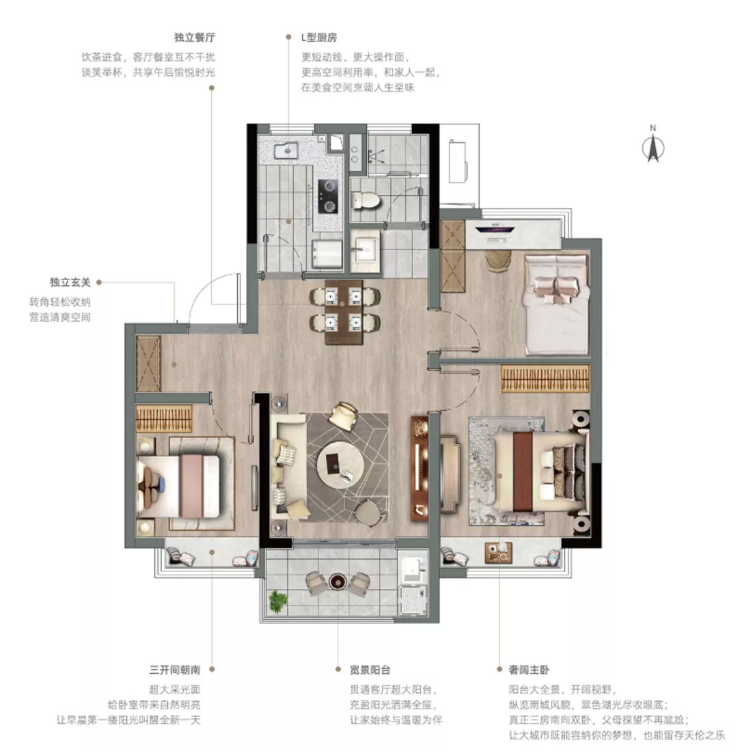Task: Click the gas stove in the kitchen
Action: [328, 196]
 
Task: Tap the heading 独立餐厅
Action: [195, 38]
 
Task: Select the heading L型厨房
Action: [319, 38]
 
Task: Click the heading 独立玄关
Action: [70, 282]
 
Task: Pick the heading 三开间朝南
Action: [175, 670]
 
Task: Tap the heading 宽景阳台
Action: [369, 670]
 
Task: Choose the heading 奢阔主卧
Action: [529, 670]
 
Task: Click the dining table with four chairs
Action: [344, 311]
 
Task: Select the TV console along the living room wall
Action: [420, 468]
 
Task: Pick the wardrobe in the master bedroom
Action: [545, 379]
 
